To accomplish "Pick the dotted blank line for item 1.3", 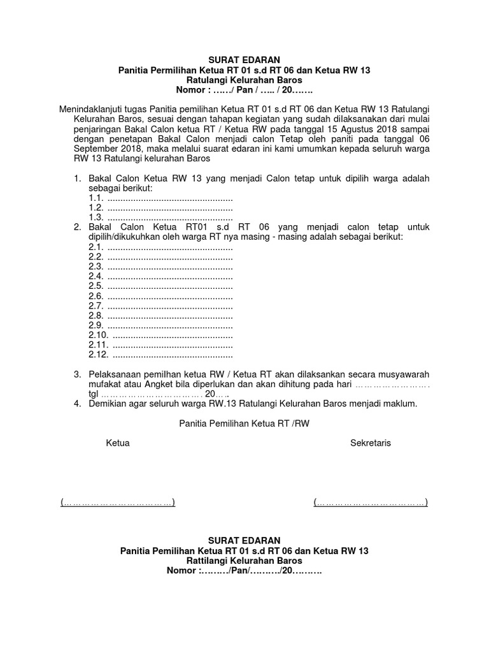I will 170,217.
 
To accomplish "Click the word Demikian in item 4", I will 109,404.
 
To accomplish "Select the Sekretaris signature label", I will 370,443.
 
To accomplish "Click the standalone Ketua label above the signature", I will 117,443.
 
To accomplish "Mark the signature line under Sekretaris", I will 370,503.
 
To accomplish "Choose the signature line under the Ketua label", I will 118,503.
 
